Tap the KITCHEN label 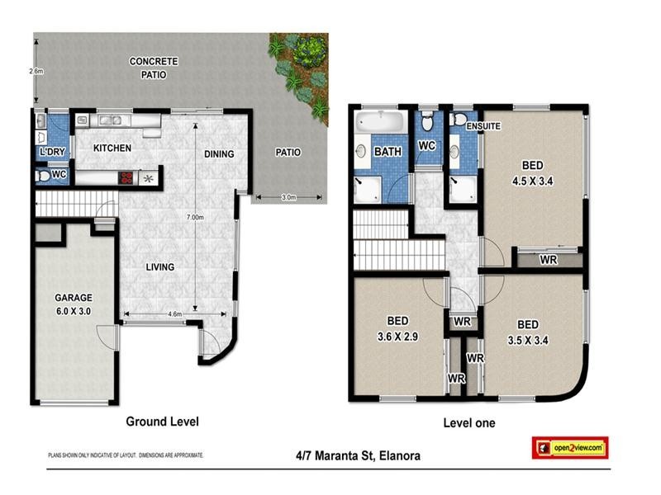pyautogui.click(x=112, y=148)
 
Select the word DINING pyautogui.click(x=219, y=154)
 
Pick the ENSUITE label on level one pyautogui.click(x=484, y=126)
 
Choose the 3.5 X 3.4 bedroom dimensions pyautogui.click(x=528, y=337)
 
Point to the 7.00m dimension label pyautogui.click(x=196, y=217)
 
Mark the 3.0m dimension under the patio pyautogui.click(x=288, y=198)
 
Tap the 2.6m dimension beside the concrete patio pyautogui.click(x=36, y=72)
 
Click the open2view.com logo pyautogui.click(x=569, y=447)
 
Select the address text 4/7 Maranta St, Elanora pyautogui.click(x=358, y=455)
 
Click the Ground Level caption pyautogui.click(x=162, y=422)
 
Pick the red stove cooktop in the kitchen pyautogui.click(x=127, y=177)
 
